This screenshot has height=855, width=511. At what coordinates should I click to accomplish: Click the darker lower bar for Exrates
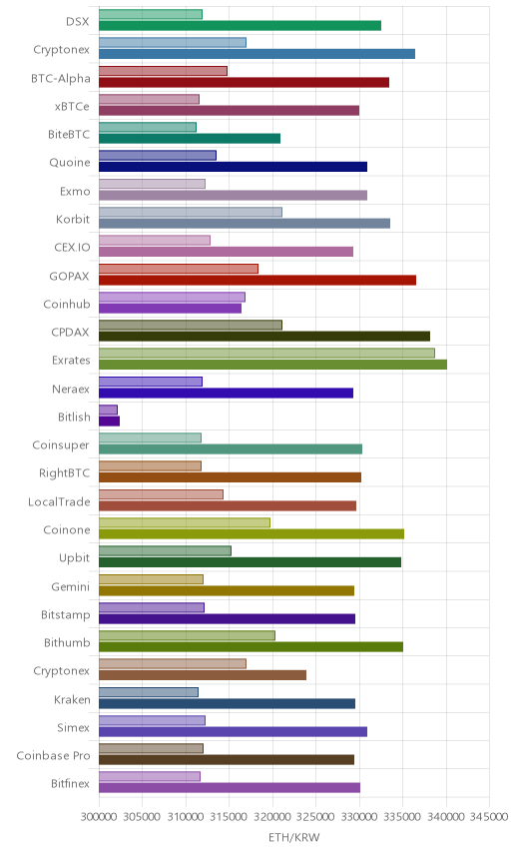[x=272, y=365]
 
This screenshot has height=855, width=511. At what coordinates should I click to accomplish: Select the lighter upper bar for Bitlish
[x=109, y=410]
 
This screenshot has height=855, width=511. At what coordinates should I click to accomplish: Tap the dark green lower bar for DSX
[x=241, y=26]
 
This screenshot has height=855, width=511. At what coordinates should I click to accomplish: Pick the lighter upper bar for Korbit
[x=191, y=212]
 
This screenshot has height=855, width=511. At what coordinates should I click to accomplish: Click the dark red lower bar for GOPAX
[x=257, y=280]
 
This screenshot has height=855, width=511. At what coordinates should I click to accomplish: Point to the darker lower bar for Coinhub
[x=170, y=308]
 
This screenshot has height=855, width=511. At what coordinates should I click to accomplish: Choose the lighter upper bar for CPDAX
[x=191, y=325]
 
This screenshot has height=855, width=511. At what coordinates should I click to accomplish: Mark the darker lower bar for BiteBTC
[x=190, y=139]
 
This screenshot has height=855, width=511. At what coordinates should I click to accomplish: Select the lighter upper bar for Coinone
[x=185, y=522]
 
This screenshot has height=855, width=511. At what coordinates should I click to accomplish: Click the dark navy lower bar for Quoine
[x=234, y=167]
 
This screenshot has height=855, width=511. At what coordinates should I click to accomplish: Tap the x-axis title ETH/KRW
[x=294, y=837]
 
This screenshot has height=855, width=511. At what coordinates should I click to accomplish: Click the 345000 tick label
[x=489, y=816]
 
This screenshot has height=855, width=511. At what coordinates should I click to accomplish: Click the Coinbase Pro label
[x=53, y=756]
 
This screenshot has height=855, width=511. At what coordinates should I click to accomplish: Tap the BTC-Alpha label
[x=61, y=79]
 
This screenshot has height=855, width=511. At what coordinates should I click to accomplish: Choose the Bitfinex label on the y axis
[x=70, y=783]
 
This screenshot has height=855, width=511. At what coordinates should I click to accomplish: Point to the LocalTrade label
[x=59, y=501]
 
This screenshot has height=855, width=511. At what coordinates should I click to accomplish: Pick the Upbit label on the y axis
[x=74, y=557]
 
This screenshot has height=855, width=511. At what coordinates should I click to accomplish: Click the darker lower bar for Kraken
[x=228, y=703]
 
